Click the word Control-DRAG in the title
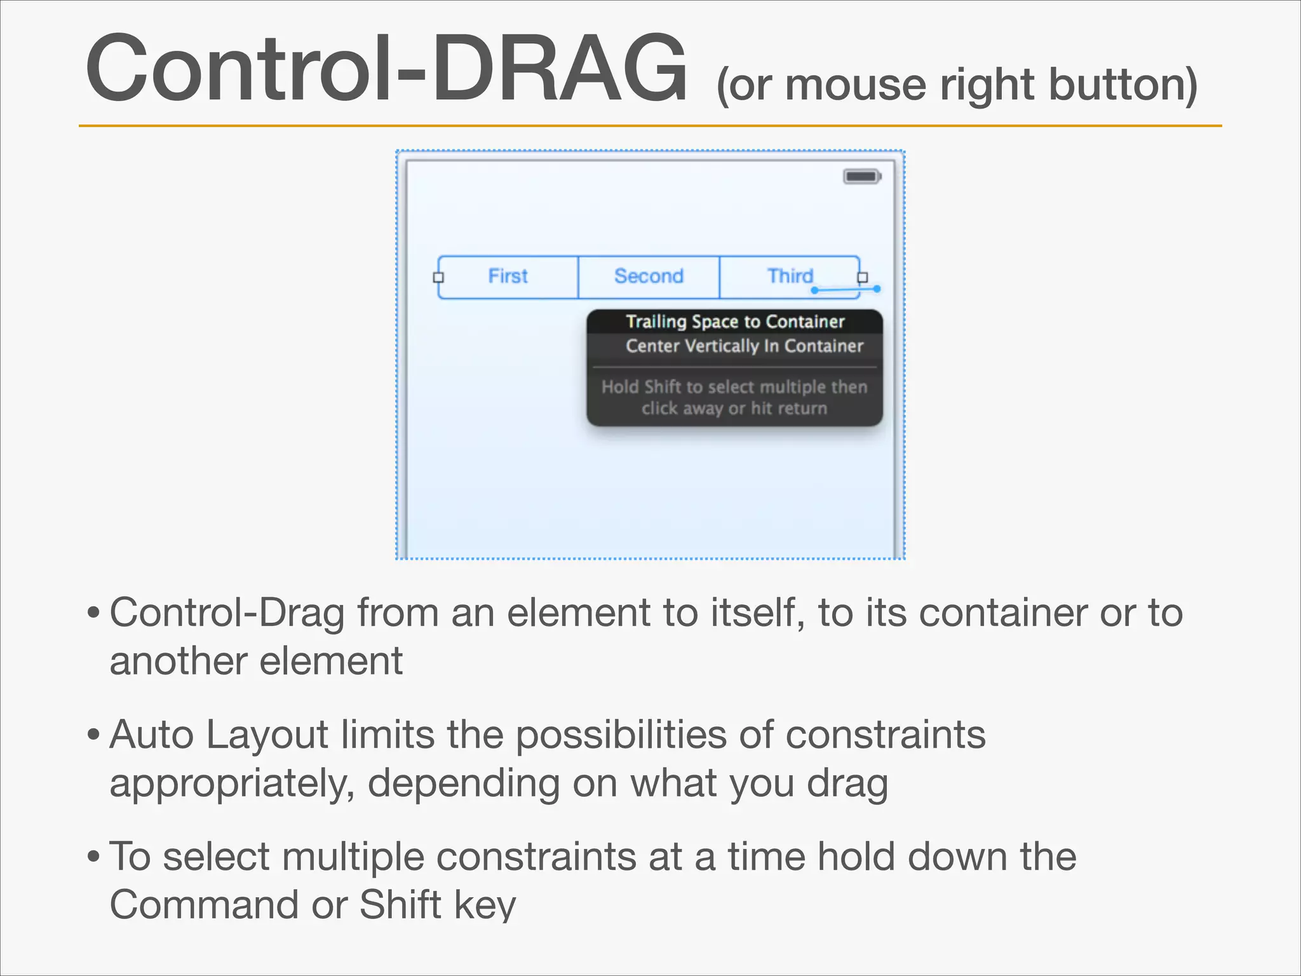386,69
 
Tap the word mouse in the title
855,85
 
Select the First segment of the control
508,276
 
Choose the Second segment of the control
649,276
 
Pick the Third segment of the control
790,276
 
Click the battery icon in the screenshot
861,176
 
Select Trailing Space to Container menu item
735,322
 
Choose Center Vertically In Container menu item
744,346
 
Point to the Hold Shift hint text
734,397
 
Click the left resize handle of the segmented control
438,277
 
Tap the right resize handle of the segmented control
862,277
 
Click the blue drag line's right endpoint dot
877,288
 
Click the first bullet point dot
93,613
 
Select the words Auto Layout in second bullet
219,735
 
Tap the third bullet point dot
93,857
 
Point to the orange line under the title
650,126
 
